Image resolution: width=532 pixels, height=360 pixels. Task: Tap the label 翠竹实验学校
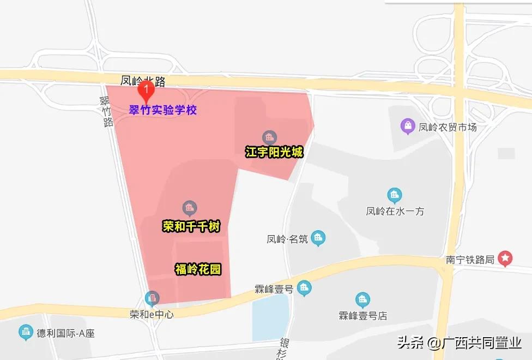tap(162, 110)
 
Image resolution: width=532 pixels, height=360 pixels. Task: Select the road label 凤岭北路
tap(143, 82)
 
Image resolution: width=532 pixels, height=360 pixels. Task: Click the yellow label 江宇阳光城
tap(274, 152)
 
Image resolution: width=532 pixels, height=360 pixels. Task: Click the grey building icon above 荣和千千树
tap(189, 208)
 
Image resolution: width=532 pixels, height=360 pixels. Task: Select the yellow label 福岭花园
tap(198, 269)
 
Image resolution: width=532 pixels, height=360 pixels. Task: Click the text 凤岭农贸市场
tap(448, 127)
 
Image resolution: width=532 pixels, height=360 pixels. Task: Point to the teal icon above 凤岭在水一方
tap(395, 195)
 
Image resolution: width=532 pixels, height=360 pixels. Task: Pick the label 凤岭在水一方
tap(395, 211)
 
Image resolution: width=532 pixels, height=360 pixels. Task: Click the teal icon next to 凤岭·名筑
tap(318, 238)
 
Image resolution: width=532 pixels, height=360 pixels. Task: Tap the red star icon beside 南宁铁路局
tap(506, 259)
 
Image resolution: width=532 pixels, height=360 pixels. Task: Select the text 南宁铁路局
tap(470, 259)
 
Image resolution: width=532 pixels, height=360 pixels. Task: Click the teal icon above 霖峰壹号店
tap(362, 299)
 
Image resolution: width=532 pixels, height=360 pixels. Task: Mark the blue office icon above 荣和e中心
tap(152, 298)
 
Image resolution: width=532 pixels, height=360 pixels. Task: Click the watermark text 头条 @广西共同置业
tap(459, 343)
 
